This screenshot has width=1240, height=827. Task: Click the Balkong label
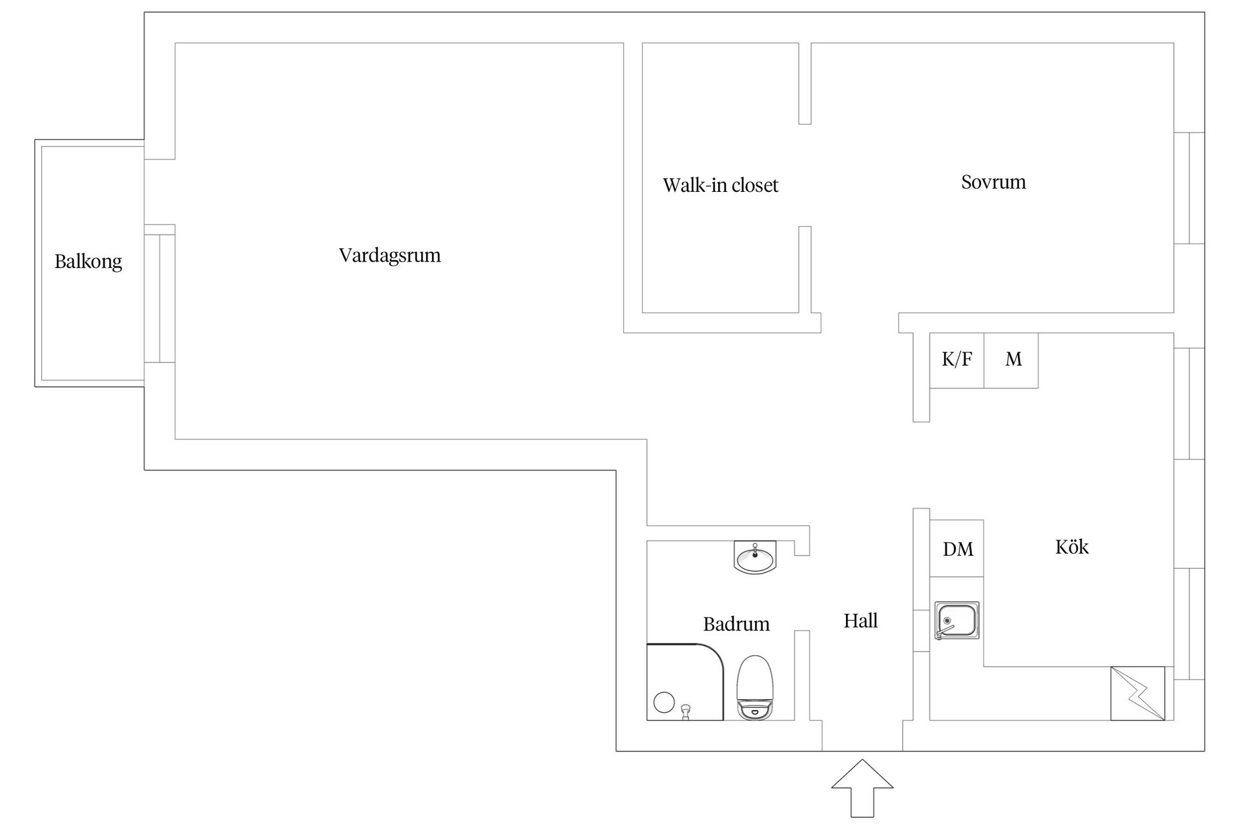(88, 261)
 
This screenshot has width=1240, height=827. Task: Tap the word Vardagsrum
(389, 255)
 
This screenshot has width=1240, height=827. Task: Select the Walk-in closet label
(721, 185)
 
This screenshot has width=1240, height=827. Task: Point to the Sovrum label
(993, 182)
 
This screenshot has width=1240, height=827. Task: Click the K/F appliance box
(956, 361)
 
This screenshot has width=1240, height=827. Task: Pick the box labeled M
(1011, 361)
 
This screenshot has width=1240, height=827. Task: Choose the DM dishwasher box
(956, 549)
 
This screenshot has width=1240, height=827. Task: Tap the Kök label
(1071, 547)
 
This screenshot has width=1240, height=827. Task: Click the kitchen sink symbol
(956, 621)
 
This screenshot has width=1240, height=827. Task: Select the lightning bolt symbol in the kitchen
(1138, 693)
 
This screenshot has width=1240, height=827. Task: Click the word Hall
(860, 621)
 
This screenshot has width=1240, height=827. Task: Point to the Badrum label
(736, 624)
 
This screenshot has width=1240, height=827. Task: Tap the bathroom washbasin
(755, 557)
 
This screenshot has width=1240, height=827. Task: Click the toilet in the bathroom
(755, 687)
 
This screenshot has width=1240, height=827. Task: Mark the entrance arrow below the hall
(862, 788)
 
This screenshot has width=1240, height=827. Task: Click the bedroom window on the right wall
(1189, 188)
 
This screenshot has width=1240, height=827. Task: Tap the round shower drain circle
(664, 702)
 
